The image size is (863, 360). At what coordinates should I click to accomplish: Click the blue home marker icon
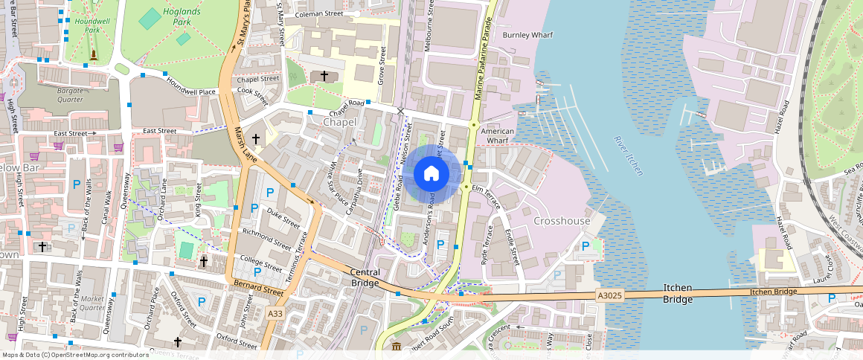[431, 174]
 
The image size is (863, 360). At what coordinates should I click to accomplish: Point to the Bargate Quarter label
[71, 94]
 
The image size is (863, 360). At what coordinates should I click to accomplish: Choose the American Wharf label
[498, 136]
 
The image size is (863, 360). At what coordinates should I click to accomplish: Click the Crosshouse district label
[562, 221]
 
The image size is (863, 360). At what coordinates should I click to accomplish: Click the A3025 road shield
[609, 295]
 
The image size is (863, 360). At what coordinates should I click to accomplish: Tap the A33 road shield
[275, 315]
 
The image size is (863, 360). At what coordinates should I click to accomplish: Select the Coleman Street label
[318, 13]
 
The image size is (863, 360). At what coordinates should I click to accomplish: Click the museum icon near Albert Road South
[397, 347]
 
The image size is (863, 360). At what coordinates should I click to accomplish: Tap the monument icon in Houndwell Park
[93, 54]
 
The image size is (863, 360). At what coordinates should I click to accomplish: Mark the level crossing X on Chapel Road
[401, 111]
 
